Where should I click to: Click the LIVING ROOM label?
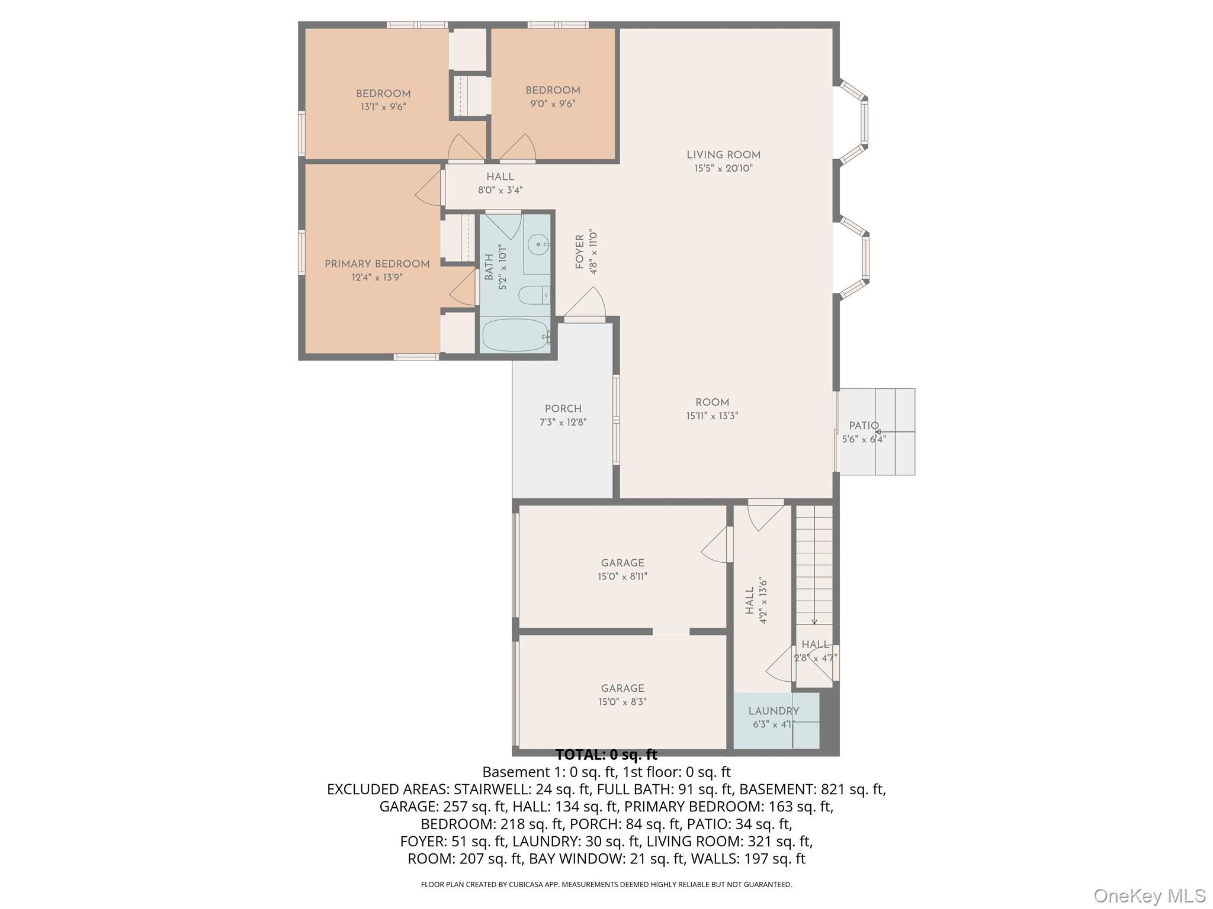pyautogui.click(x=723, y=155)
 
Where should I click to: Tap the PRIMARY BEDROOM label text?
pyautogui.click(x=377, y=265)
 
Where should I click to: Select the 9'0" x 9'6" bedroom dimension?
pyautogui.click(x=553, y=104)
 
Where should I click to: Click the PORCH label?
pyautogui.click(x=563, y=409)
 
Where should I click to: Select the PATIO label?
pyautogui.click(x=864, y=426)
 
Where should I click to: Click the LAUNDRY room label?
pyautogui.click(x=774, y=711)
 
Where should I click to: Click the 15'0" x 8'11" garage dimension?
pyautogui.click(x=622, y=576)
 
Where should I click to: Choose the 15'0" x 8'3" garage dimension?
pyautogui.click(x=622, y=702)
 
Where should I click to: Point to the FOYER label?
pyautogui.click(x=580, y=252)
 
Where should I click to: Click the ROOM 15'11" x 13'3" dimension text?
pyautogui.click(x=712, y=416)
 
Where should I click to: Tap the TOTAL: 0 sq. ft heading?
pyautogui.click(x=606, y=755)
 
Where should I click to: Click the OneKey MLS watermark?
pyautogui.click(x=1149, y=896)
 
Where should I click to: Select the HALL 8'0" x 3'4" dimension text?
pyautogui.click(x=500, y=191)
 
